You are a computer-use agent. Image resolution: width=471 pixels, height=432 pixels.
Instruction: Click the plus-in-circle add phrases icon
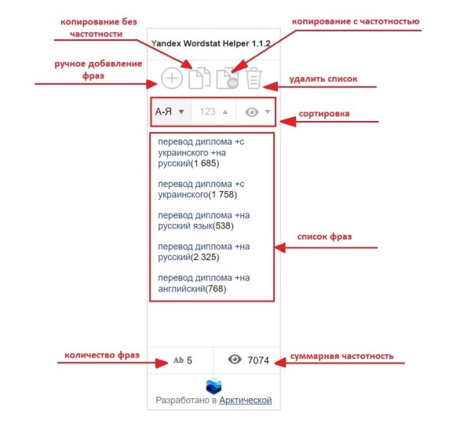click(172, 79)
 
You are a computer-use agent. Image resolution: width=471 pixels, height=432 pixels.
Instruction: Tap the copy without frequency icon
click(199, 79)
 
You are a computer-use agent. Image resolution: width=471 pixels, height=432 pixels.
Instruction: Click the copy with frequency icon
click(228, 79)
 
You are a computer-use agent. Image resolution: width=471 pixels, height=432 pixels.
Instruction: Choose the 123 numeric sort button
click(213, 112)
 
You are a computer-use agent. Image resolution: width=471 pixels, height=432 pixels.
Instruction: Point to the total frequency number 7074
click(258, 361)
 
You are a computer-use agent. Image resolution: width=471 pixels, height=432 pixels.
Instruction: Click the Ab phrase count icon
click(177, 361)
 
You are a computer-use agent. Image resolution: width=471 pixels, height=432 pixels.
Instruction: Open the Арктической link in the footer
click(246, 401)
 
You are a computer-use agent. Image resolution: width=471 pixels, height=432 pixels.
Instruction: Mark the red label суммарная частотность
click(343, 356)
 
